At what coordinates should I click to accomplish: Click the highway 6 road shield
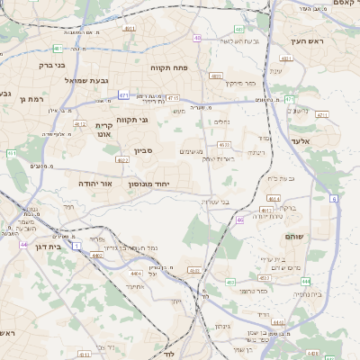[x=334, y=199]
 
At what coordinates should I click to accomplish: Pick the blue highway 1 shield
[x=77, y=245]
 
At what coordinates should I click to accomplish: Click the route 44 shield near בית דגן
[x=24, y=244]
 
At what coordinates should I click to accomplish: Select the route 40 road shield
[x=197, y=38]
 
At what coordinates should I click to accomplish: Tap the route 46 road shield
[x=239, y=220]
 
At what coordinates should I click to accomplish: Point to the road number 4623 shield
[x=224, y=144]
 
